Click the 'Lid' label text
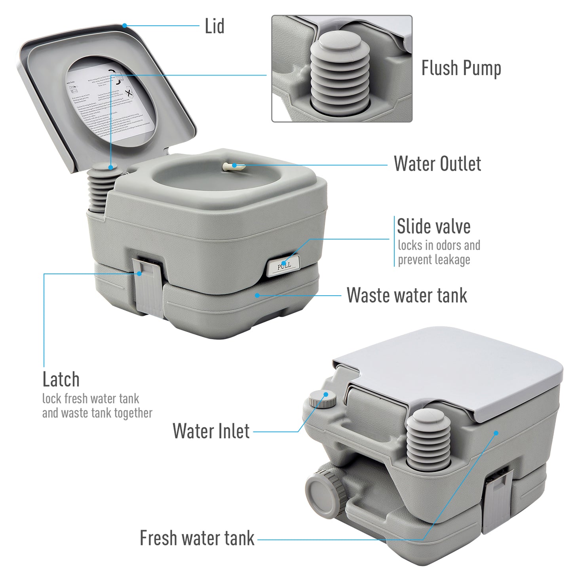click(214, 26)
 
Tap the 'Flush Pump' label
click(461, 68)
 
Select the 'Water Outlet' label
click(437, 164)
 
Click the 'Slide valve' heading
click(433, 227)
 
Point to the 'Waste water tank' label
click(407, 295)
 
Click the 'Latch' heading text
click(61, 380)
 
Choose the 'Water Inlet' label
click(211, 431)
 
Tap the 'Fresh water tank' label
click(197, 538)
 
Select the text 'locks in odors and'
click(439, 245)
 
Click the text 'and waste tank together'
click(97, 413)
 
